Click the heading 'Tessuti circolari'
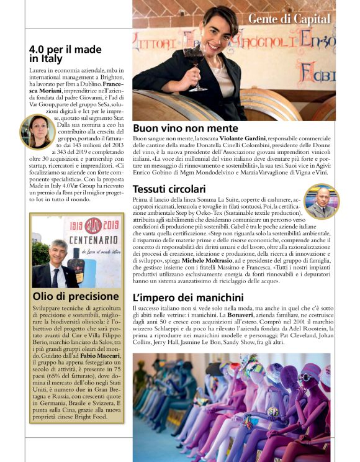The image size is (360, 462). click(x=169, y=188)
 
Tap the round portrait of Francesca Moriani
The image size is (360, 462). click(x=38, y=131)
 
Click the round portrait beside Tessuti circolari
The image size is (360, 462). click(x=323, y=201)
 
